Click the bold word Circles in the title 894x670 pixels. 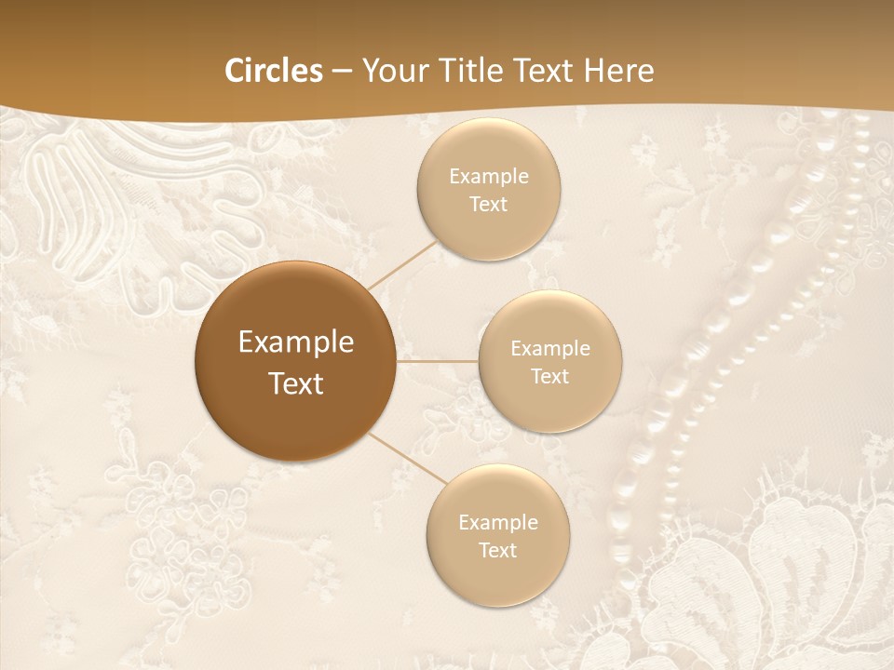tap(273, 71)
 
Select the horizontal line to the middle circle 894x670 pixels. tap(438, 361)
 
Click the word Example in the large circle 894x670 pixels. tap(296, 342)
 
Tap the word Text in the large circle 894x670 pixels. tap(296, 383)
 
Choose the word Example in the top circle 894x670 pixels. tap(489, 176)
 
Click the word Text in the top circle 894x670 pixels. tap(489, 204)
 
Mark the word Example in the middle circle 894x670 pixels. tap(550, 348)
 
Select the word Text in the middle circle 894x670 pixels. tap(550, 376)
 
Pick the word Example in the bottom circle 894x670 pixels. tap(498, 522)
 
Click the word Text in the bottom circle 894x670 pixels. tap(498, 550)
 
